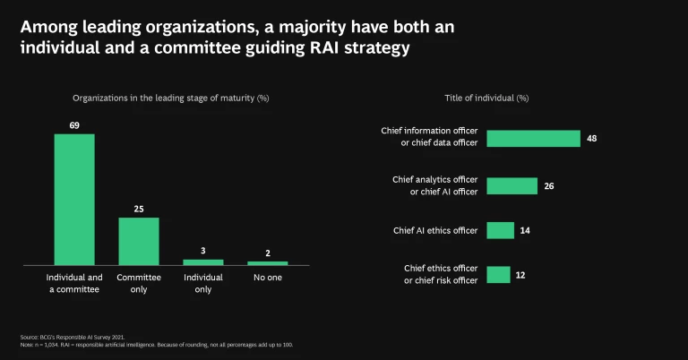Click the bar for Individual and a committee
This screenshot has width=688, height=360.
click(x=74, y=199)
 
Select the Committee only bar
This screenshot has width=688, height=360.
click(x=139, y=241)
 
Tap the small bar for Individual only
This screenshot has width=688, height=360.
click(x=203, y=261)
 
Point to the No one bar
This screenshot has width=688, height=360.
click(x=268, y=262)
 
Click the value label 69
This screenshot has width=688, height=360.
click(x=74, y=126)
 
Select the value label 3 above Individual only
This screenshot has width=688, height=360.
click(x=203, y=252)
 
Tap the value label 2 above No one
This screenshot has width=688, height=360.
click(x=268, y=253)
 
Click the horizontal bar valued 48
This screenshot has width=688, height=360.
click(x=533, y=139)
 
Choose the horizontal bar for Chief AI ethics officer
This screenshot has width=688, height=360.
click(x=500, y=230)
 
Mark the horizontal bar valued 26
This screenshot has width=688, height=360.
click(x=512, y=185)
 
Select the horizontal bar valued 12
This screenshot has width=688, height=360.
click(x=498, y=275)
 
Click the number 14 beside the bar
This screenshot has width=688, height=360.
click(x=526, y=231)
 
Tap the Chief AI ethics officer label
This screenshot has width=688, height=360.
click(x=435, y=230)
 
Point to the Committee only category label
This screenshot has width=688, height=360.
click(x=139, y=284)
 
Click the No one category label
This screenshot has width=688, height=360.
click(x=268, y=278)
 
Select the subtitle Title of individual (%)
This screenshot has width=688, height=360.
click(x=486, y=98)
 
